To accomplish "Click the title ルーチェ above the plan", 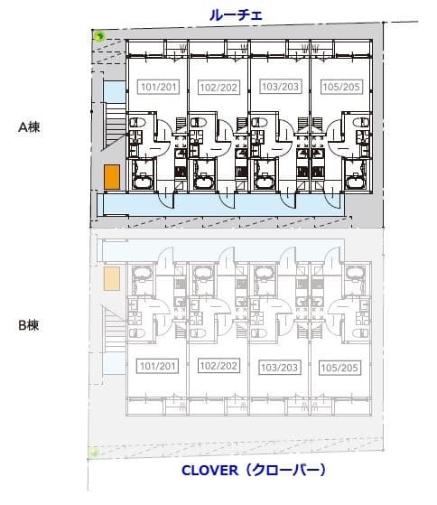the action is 236,15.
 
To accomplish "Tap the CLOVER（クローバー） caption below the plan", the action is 254,470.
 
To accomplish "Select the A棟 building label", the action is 29,127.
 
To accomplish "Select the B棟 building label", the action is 29,325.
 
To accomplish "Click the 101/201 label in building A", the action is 158,87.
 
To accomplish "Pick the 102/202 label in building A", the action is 218,88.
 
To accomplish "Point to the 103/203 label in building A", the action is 280,87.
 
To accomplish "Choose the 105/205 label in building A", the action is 341,87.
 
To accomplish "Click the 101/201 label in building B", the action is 157,366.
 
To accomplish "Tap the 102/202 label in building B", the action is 218,366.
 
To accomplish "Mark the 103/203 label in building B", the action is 279,368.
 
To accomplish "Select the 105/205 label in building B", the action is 339,368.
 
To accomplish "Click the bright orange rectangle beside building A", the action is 112,177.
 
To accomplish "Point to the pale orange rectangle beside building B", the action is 112,278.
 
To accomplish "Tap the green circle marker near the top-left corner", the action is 98,36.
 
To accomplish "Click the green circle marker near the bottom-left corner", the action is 94,453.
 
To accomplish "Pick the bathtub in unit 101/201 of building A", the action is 144,182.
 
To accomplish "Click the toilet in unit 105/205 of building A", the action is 360,122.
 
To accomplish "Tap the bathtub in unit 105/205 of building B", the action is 355,273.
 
